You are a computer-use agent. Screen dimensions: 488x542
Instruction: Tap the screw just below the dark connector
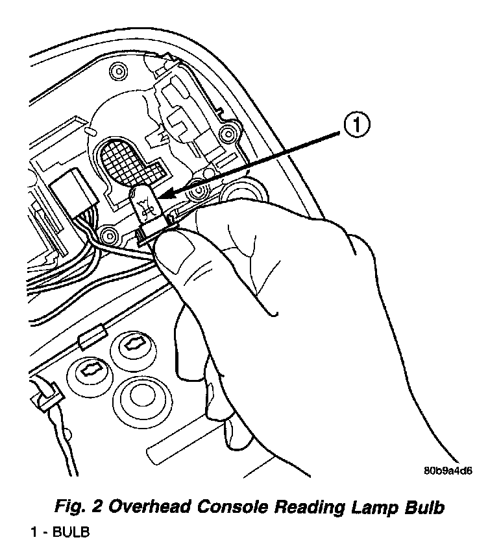(x=108, y=233)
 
